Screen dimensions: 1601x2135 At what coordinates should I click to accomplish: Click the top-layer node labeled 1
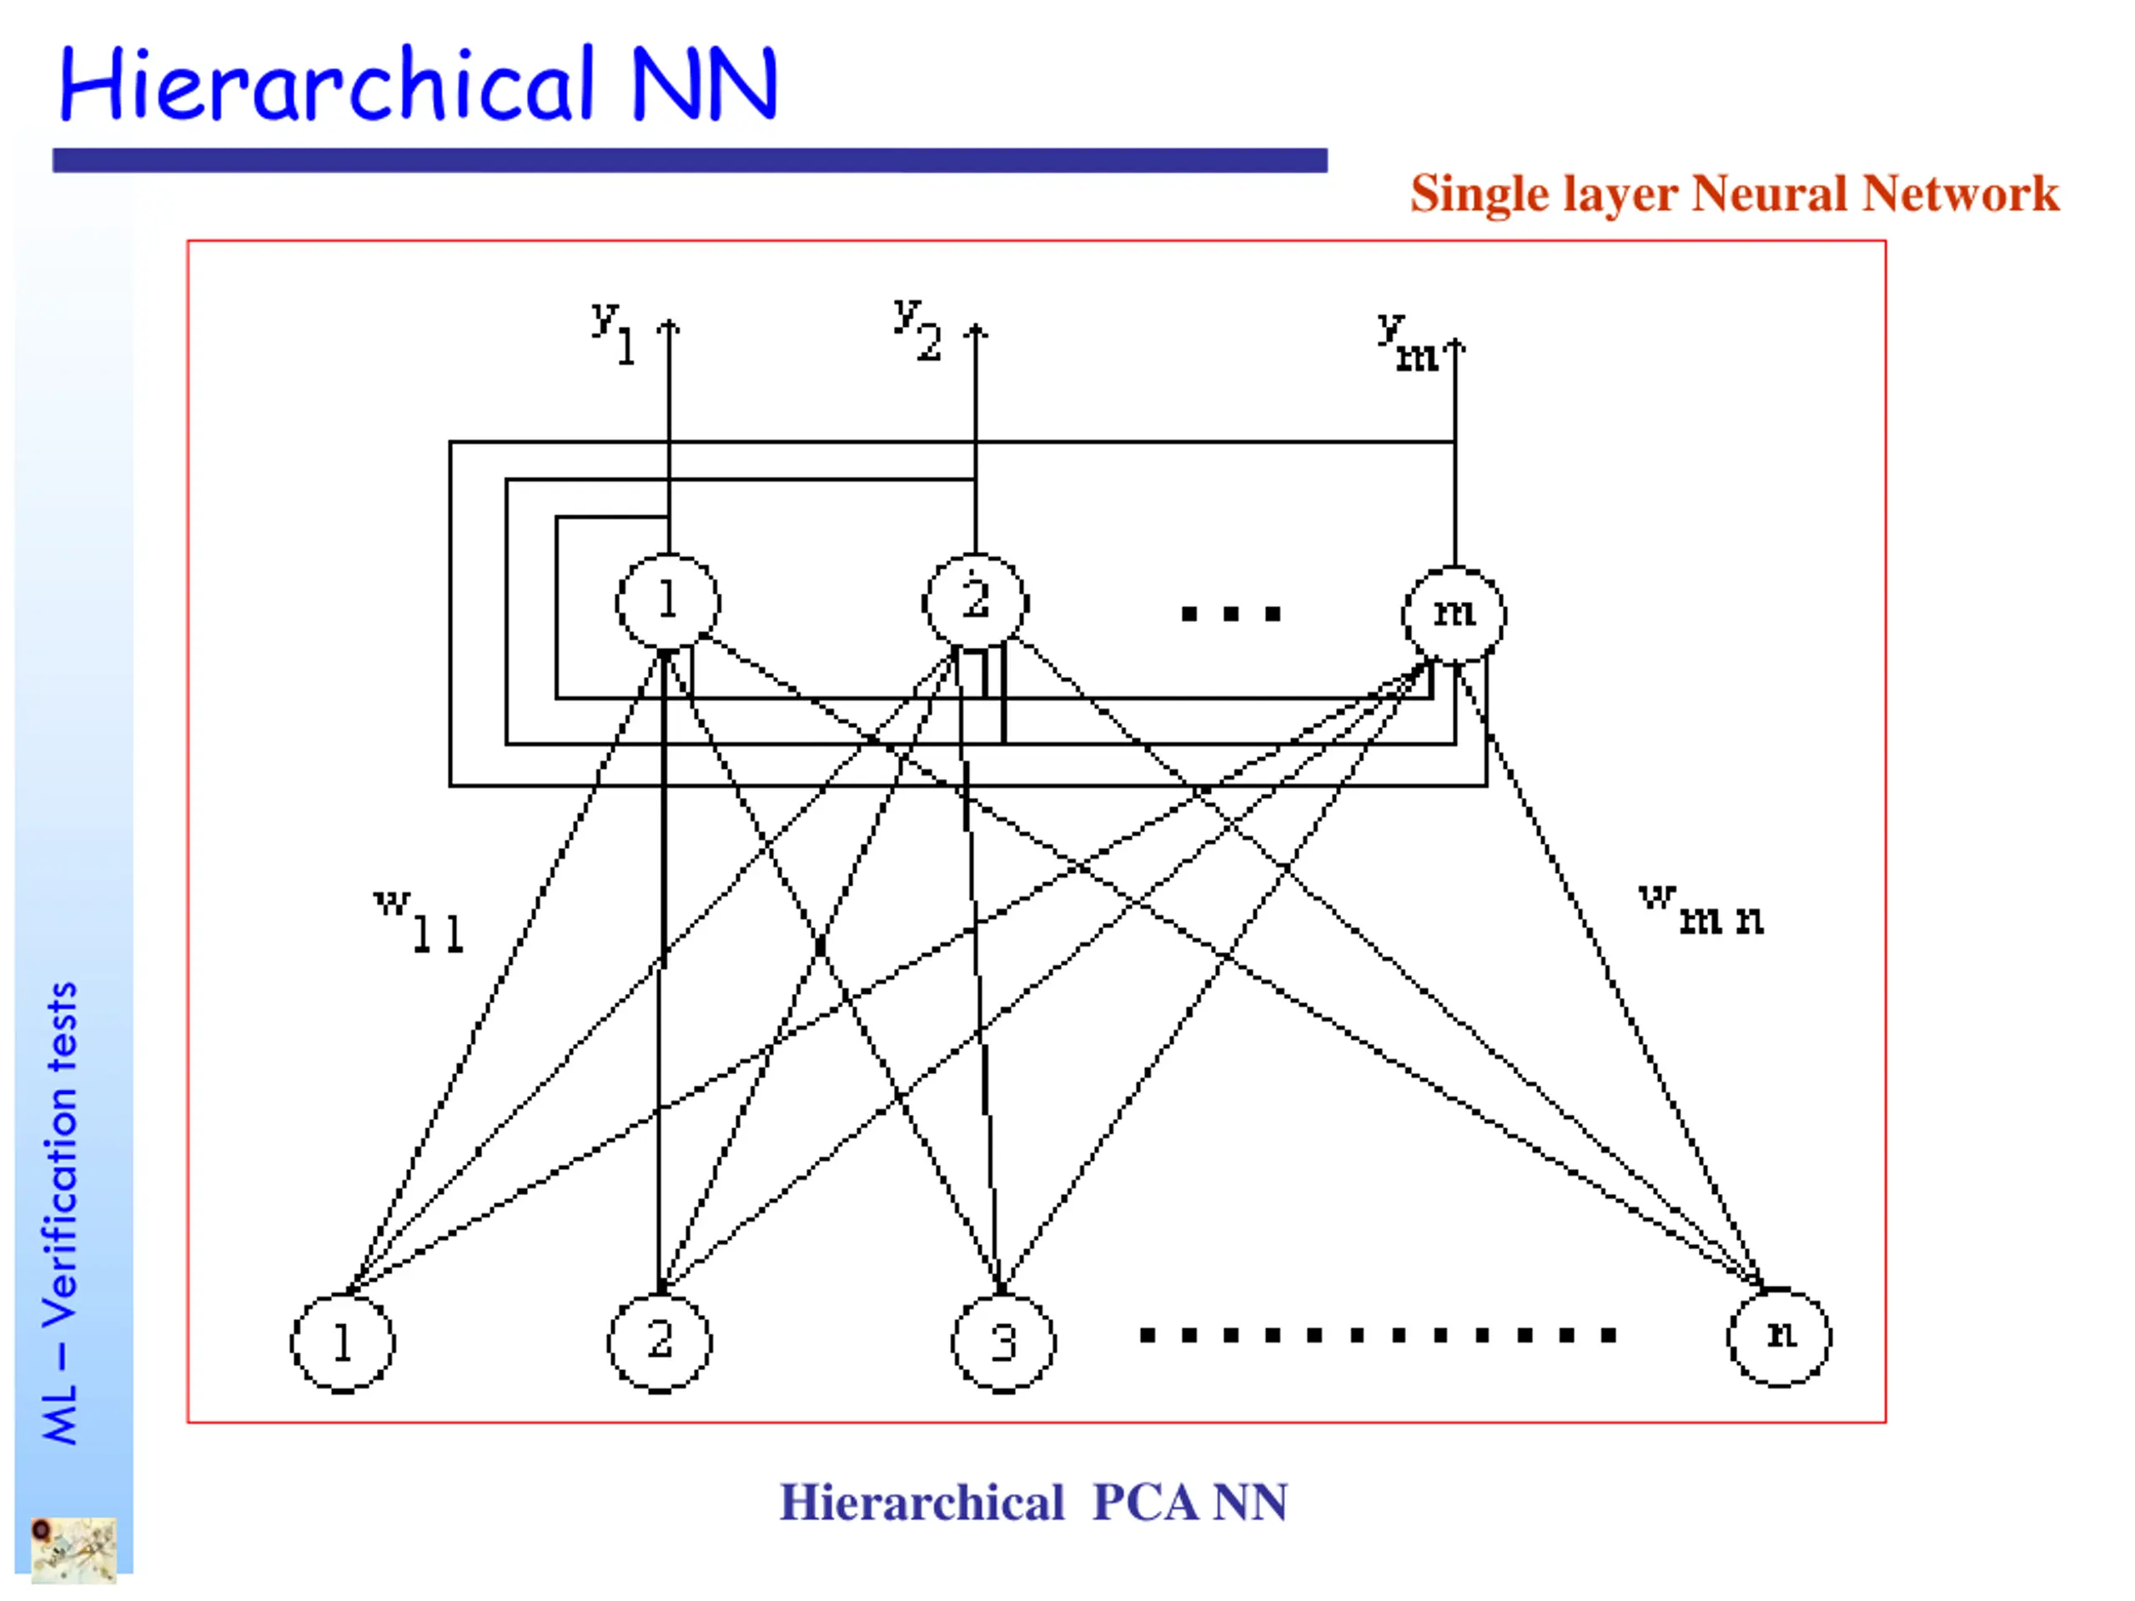pos(668,601)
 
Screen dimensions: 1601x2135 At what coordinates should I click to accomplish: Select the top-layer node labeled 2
pos(975,601)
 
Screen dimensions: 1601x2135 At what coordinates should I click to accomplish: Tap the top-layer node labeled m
pos(1454,614)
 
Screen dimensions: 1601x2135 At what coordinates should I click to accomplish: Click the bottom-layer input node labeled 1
pos(343,1343)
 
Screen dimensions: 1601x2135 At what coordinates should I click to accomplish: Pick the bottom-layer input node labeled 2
pos(659,1342)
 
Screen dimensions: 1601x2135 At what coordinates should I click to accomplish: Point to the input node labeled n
pos(1779,1337)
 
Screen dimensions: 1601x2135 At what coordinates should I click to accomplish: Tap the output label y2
pos(917,329)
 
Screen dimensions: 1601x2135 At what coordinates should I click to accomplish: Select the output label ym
pos(1406,344)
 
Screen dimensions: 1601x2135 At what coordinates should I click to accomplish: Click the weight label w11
pos(419,921)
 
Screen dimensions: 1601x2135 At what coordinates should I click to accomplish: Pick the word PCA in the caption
pos(1146,1503)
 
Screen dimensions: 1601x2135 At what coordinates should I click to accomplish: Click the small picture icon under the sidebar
pos(73,1551)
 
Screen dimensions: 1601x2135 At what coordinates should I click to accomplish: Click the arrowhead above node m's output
pos(1454,344)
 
